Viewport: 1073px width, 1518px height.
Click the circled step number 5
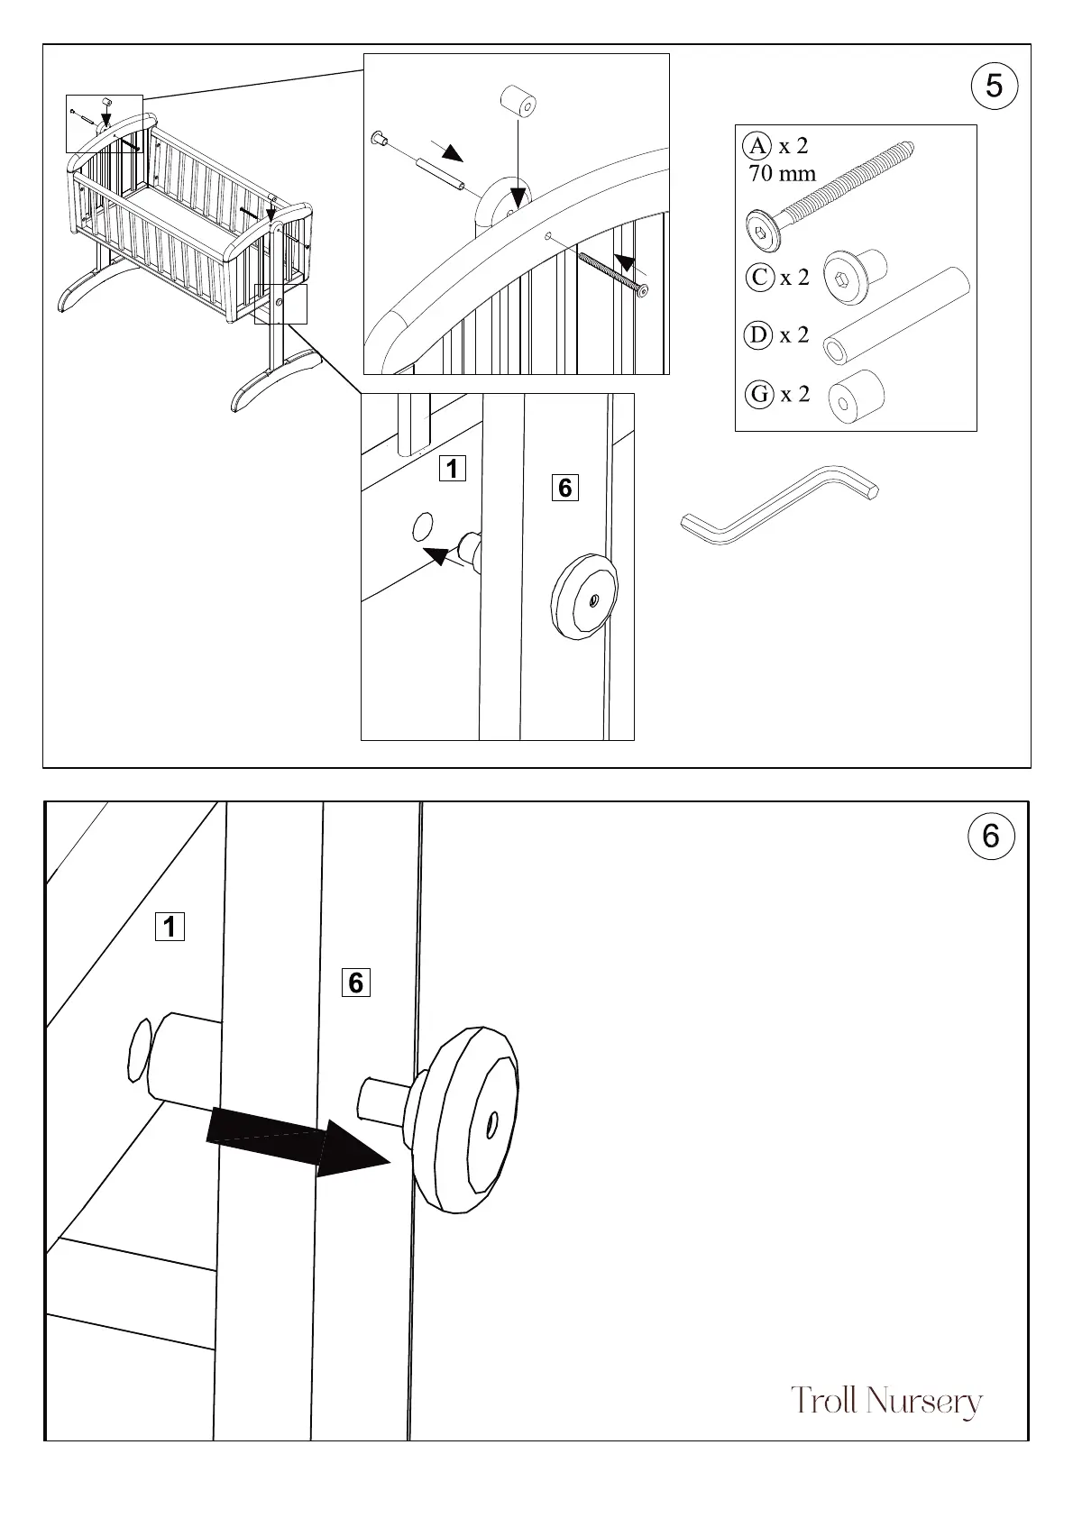994,87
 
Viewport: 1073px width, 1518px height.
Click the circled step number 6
991,837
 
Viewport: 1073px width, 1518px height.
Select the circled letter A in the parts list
758,146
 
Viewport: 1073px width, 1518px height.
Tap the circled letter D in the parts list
759,335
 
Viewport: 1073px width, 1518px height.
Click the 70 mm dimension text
782,173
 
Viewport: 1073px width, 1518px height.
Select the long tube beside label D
898,315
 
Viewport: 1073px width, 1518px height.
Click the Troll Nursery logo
885,1402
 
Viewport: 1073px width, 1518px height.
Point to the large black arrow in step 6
298,1139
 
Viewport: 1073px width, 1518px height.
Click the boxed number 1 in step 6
170,927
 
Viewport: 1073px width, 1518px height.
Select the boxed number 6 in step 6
355,983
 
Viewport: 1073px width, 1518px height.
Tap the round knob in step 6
464,1118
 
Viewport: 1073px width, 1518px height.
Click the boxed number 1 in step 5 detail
452,469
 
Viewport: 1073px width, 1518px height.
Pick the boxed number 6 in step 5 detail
564,488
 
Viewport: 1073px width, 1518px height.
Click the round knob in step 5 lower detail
584,598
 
